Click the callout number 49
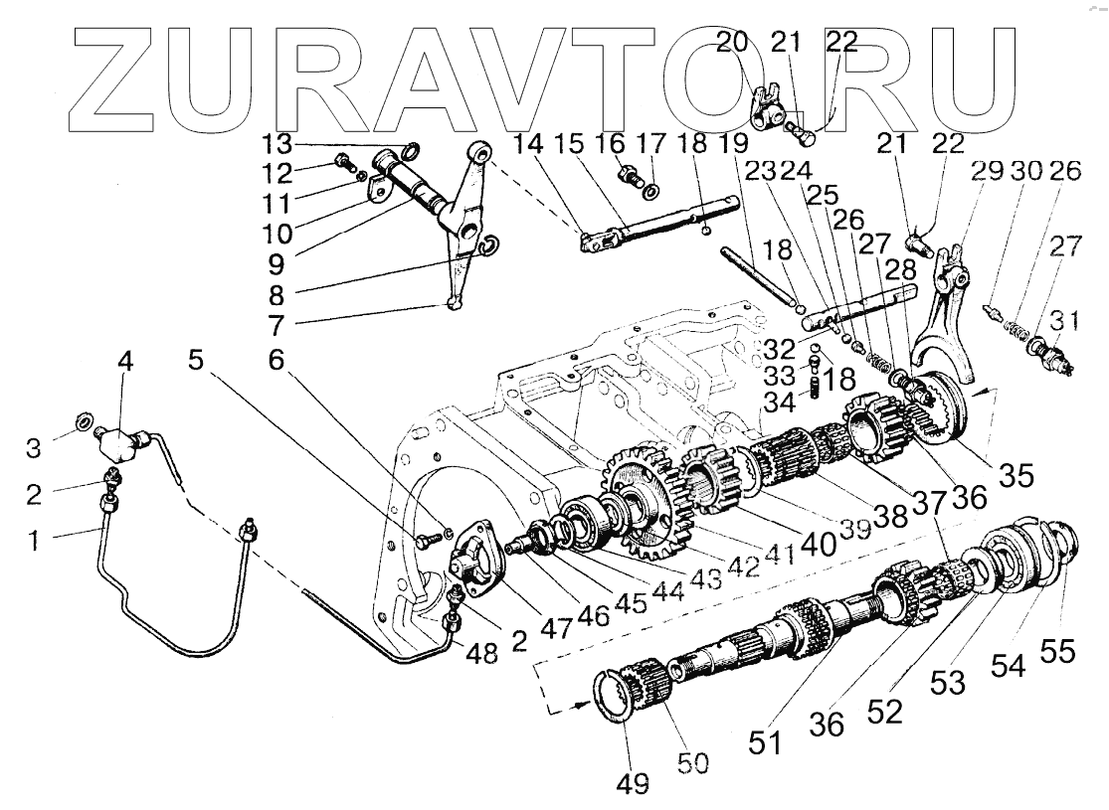[x=632, y=784]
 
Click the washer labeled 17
[x=650, y=190]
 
